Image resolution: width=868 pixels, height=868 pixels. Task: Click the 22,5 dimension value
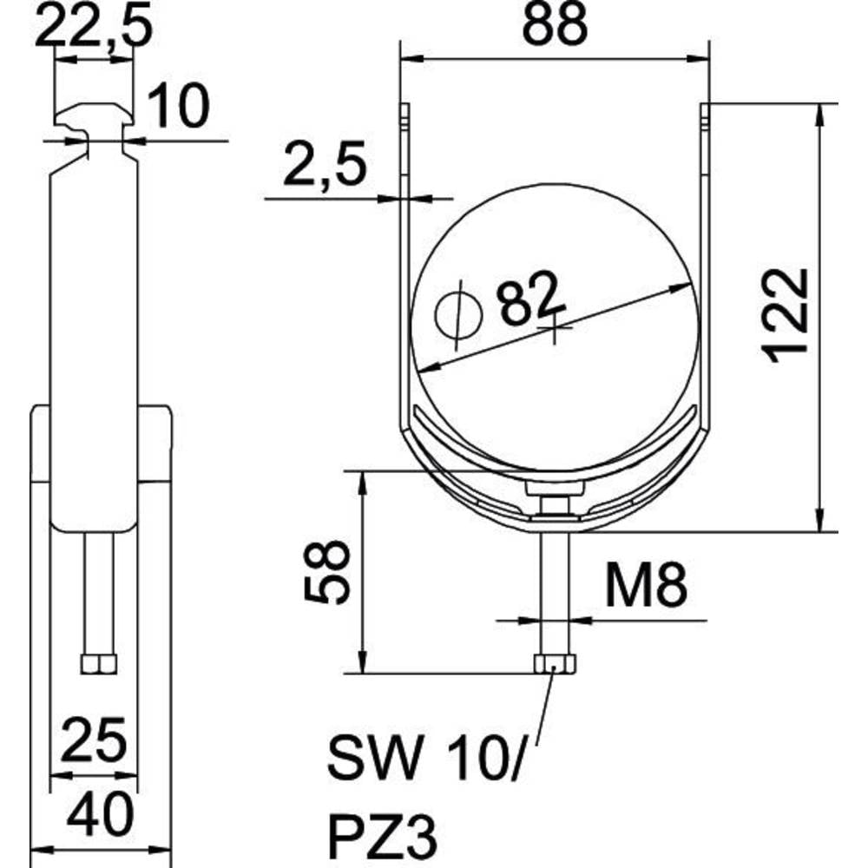93,26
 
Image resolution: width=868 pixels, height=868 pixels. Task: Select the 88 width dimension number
554,25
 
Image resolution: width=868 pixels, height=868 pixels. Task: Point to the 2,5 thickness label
325,163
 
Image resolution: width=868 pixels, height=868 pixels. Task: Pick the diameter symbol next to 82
458,315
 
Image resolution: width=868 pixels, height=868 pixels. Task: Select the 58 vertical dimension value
326,571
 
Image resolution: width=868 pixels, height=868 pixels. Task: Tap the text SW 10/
424,757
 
